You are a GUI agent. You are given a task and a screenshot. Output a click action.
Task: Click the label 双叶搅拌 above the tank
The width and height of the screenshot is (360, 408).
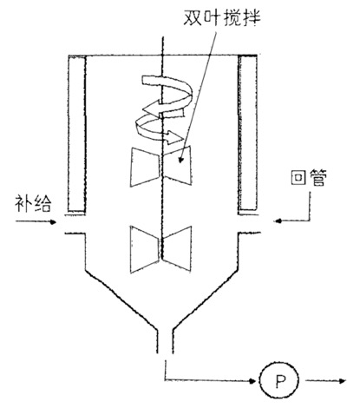[222, 18]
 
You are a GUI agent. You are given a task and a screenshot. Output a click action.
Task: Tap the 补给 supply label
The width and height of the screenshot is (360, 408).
[33, 203]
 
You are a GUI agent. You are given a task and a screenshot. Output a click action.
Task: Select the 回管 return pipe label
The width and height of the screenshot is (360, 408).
[309, 177]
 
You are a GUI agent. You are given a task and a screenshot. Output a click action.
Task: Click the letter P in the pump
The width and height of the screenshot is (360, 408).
[279, 380]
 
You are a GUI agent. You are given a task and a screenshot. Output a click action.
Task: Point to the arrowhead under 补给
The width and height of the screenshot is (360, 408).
[53, 222]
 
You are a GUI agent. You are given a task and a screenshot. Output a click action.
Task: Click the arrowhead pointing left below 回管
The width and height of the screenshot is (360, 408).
[278, 221]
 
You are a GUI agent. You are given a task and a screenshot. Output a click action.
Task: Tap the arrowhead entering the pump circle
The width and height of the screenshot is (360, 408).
[252, 380]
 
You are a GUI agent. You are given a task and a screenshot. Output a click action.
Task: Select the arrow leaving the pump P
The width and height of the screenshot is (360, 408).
[325, 381]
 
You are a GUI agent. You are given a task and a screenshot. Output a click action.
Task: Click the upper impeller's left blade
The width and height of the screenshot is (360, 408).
[145, 168]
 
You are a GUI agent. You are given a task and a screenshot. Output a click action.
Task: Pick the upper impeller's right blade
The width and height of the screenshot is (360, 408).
[177, 165]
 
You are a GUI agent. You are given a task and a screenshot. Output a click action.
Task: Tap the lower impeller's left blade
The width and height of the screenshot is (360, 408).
[145, 249]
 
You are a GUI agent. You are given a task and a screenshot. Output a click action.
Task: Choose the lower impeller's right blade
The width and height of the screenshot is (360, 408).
[177, 249]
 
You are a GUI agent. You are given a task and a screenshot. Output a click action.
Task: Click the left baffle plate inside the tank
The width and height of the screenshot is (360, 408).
[77, 133]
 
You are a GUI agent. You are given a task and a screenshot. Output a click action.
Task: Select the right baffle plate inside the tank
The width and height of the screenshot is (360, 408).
[248, 133]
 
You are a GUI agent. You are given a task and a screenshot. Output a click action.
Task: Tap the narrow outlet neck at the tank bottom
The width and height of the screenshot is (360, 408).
[165, 341]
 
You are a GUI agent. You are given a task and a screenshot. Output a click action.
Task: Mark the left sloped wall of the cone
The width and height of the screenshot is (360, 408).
[121, 300]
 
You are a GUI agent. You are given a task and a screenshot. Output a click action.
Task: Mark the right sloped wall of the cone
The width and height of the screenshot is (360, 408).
[206, 300]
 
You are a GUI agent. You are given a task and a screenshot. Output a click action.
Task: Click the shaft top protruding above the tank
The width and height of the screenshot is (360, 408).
[163, 46]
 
